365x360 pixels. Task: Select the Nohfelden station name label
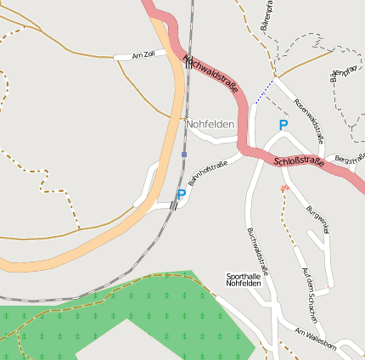211,124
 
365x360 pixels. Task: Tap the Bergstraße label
350,159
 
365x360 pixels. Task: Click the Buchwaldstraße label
257,251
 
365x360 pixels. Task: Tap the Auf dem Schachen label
311,293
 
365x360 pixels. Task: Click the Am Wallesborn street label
316,337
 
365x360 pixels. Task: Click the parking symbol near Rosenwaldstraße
284,125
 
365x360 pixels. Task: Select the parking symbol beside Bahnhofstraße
181,195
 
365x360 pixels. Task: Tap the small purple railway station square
184,155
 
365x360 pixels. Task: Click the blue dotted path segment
264,92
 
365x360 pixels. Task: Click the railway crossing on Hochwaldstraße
188,62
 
